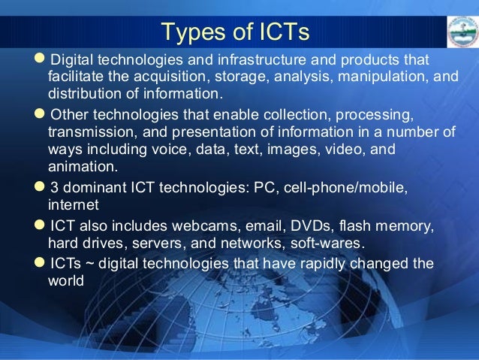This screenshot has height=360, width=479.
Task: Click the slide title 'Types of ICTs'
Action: coord(236,32)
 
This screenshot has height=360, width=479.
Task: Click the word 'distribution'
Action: coord(85,94)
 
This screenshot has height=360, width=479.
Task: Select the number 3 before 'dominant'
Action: coord(53,186)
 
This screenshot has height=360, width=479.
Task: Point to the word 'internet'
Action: coord(72,203)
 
